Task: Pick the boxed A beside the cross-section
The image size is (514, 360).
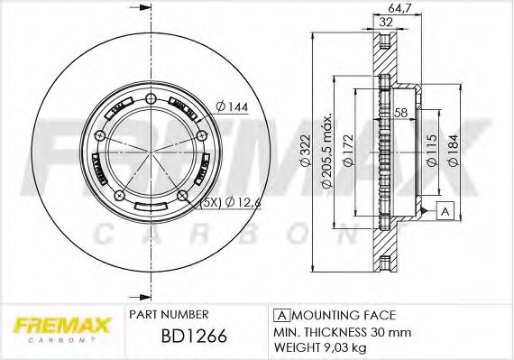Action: click(x=444, y=210)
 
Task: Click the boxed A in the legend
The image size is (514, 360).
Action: click(x=280, y=314)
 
